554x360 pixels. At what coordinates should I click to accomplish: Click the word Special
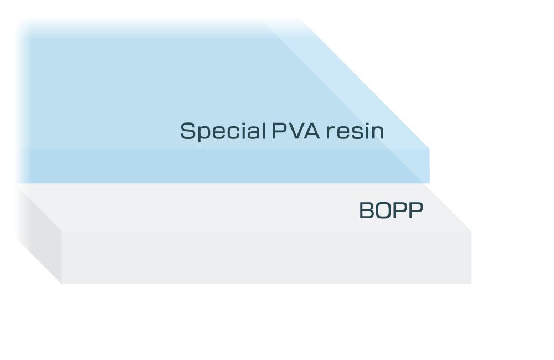pyautogui.click(x=223, y=131)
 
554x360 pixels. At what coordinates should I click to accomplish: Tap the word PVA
pyautogui.click(x=296, y=131)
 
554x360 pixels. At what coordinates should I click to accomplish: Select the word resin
pyautogui.click(x=355, y=131)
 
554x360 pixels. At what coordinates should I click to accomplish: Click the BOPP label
pyautogui.click(x=391, y=210)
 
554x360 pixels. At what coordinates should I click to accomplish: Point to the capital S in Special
pyautogui.click(x=188, y=131)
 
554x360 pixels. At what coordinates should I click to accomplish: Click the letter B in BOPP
pyautogui.click(x=366, y=210)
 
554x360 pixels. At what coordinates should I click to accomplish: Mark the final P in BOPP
pyautogui.click(x=416, y=210)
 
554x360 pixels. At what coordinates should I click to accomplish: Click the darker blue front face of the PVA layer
pyautogui.click(x=223, y=166)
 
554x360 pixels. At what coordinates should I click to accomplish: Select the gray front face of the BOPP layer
pyautogui.click(x=266, y=257)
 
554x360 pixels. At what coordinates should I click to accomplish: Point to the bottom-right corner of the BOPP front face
pyautogui.click(x=471, y=284)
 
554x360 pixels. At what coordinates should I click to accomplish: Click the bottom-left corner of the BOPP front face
pyautogui.click(x=61, y=284)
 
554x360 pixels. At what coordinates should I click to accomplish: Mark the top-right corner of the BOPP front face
pyautogui.click(x=471, y=231)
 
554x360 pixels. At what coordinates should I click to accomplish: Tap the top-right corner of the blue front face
pyautogui.click(x=430, y=149)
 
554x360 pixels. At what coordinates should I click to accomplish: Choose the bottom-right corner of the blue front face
pyautogui.click(x=430, y=183)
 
